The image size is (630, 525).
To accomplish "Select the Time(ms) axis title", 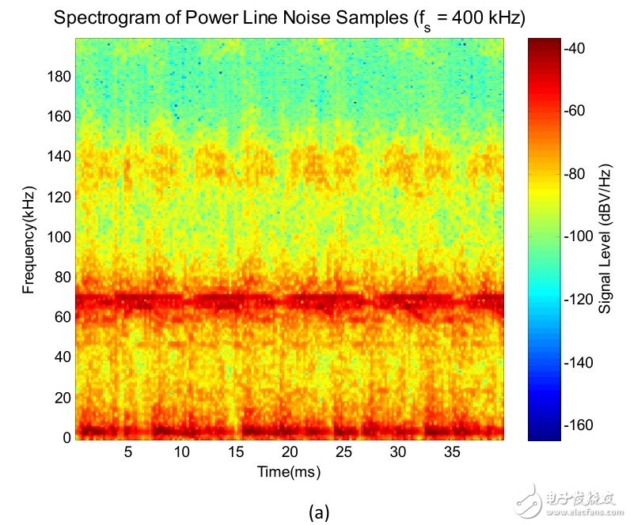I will pyautogui.click(x=289, y=471).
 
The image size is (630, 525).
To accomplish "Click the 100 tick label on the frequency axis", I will pyautogui.click(x=60, y=237).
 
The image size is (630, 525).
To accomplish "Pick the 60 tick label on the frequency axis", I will pyautogui.click(x=63, y=317).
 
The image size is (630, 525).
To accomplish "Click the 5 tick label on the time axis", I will pyautogui.click(x=127, y=452).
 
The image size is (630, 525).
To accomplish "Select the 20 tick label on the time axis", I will pyautogui.click(x=289, y=452).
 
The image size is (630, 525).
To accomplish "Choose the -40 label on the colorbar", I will pyautogui.click(x=575, y=48).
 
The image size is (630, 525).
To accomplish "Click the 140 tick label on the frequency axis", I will pyautogui.click(x=60, y=157).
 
